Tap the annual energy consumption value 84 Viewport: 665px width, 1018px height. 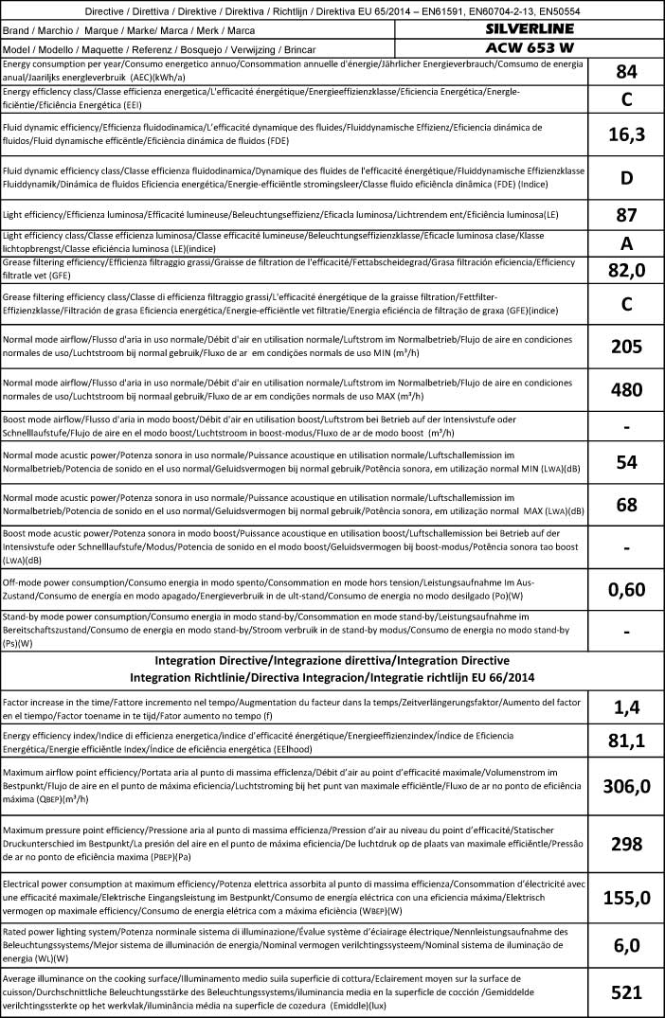click(x=626, y=72)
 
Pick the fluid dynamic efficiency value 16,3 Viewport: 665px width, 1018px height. click(x=626, y=134)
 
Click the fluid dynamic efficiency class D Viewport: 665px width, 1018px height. click(x=626, y=177)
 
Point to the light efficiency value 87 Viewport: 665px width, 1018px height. click(x=626, y=215)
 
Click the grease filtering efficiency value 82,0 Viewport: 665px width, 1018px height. click(x=626, y=270)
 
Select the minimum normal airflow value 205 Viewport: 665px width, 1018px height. click(x=626, y=347)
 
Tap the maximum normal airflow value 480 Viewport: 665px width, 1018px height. click(x=626, y=389)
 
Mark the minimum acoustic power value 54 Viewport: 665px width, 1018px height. click(x=626, y=462)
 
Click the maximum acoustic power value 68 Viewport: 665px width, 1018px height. click(x=626, y=505)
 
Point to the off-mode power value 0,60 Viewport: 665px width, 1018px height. click(x=626, y=590)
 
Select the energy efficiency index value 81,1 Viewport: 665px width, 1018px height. click(x=626, y=741)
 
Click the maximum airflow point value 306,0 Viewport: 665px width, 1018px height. click(x=626, y=786)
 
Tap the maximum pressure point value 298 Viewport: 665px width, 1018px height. click(x=626, y=843)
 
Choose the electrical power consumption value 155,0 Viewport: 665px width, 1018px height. click(x=626, y=898)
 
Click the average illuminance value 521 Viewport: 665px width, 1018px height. click(x=626, y=991)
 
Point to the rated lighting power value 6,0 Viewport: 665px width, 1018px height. click(x=626, y=944)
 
